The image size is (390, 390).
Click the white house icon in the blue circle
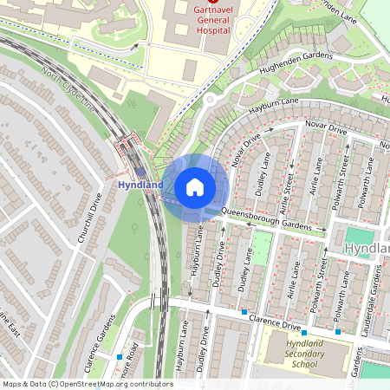[195, 186]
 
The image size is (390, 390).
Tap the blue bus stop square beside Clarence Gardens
[119, 356]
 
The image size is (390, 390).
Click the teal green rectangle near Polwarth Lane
[357, 236]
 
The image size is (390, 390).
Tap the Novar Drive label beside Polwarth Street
[326, 130]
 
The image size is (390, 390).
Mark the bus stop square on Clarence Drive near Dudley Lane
[245, 311]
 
